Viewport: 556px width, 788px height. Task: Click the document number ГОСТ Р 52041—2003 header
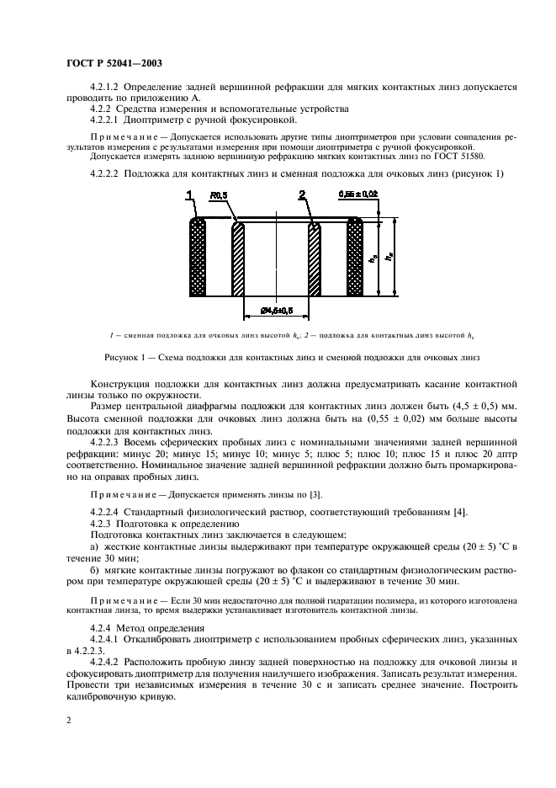click(x=114, y=63)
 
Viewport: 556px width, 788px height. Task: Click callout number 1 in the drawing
click(x=191, y=196)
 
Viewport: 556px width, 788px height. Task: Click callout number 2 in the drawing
click(x=301, y=196)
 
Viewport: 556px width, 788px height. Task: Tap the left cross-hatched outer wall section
click(x=199, y=258)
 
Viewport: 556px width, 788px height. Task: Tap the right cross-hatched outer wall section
click(x=354, y=258)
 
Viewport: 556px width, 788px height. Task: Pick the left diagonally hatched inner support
click(x=238, y=258)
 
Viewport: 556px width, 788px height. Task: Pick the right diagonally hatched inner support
click(x=315, y=258)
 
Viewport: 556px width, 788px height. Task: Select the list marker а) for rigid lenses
click(x=93, y=548)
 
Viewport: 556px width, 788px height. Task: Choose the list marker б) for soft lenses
click(x=93, y=570)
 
